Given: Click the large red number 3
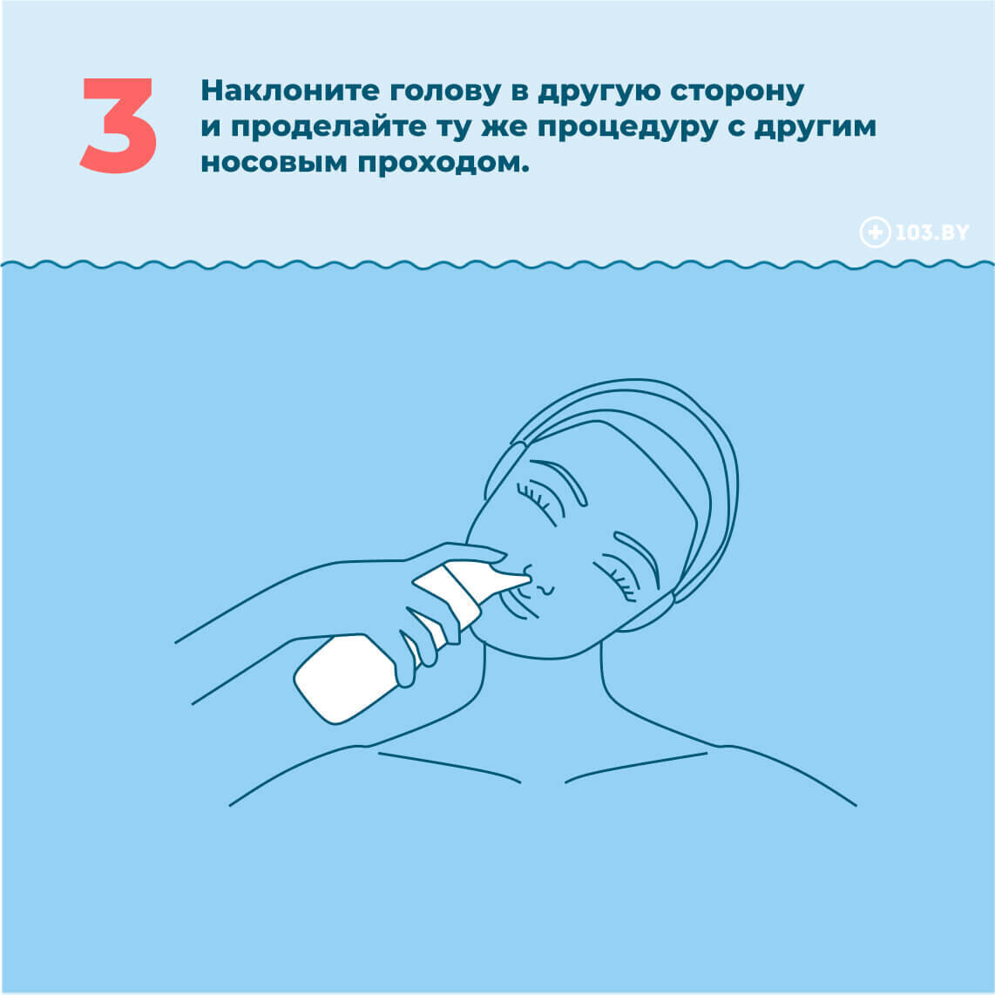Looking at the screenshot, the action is coord(118,125).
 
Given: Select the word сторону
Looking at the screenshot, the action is coord(737,92).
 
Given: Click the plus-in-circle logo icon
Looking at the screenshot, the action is coord(875,233).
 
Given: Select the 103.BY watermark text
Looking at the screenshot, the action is coord(931,233).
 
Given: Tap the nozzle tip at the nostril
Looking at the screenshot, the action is coord(527,578).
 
